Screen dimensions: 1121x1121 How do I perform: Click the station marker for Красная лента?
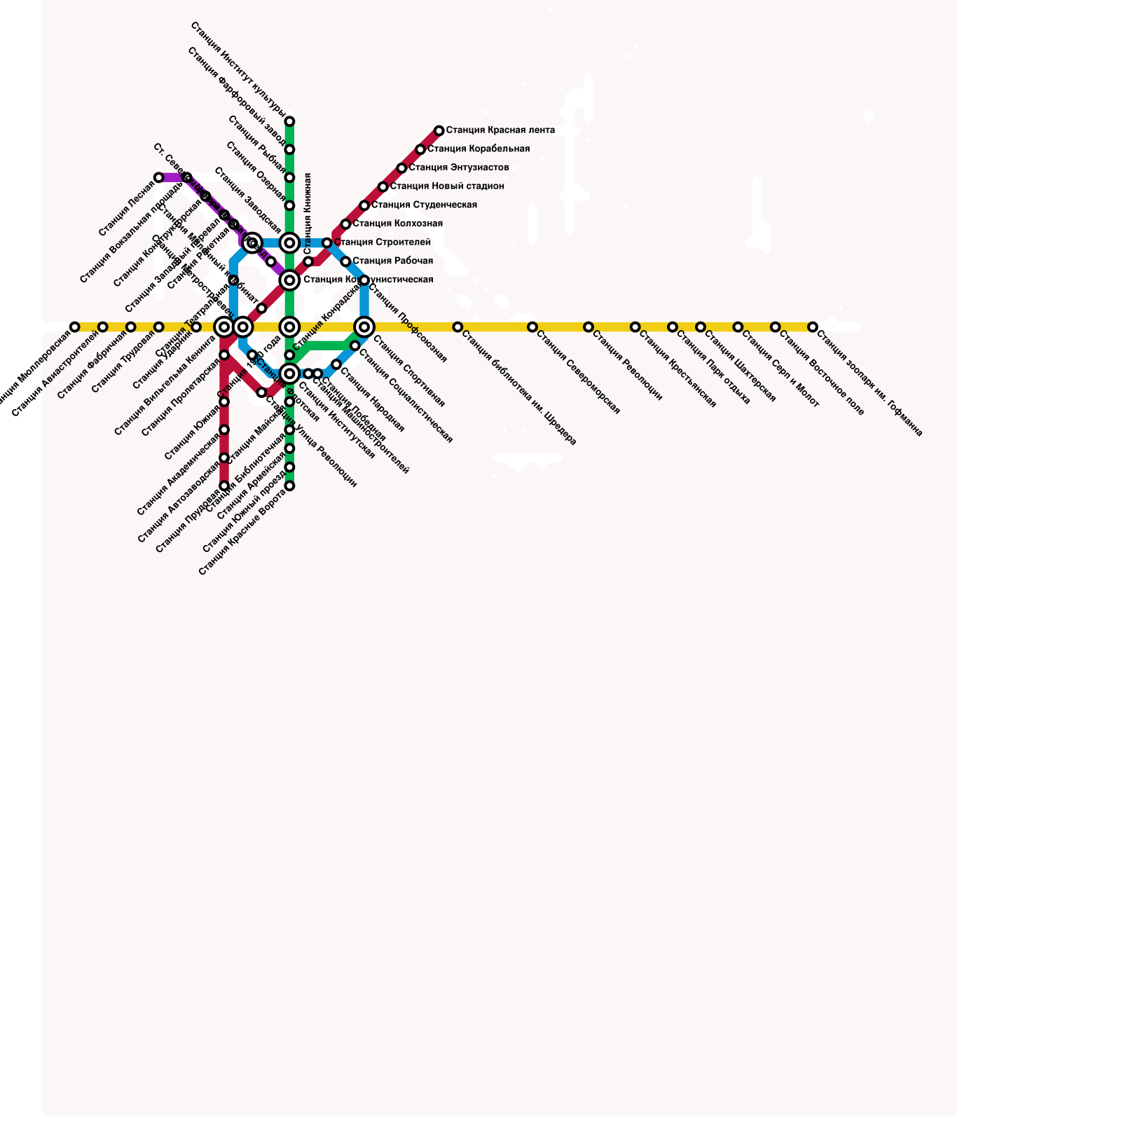(x=439, y=131)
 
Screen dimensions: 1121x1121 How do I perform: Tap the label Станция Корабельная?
(x=479, y=149)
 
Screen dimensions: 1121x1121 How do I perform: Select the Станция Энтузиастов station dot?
(x=401, y=168)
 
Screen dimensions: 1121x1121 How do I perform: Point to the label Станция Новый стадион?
(x=447, y=186)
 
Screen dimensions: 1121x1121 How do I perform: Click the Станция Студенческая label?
(x=424, y=205)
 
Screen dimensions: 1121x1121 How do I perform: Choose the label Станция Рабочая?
(x=392, y=261)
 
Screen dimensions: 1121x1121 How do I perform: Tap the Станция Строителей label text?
(x=383, y=242)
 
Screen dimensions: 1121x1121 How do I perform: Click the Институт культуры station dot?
(x=289, y=122)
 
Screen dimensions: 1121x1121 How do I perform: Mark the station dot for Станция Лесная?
(x=159, y=178)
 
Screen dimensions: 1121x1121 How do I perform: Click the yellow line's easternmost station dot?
(x=812, y=327)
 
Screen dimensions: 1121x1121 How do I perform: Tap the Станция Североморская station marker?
(x=532, y=327)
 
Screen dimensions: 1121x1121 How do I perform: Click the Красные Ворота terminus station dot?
(x=289, y=486)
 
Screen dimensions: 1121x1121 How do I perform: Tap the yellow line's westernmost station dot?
(x=75, y=327)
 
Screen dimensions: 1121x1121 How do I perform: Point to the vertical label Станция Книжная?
(x=308, y=214)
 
